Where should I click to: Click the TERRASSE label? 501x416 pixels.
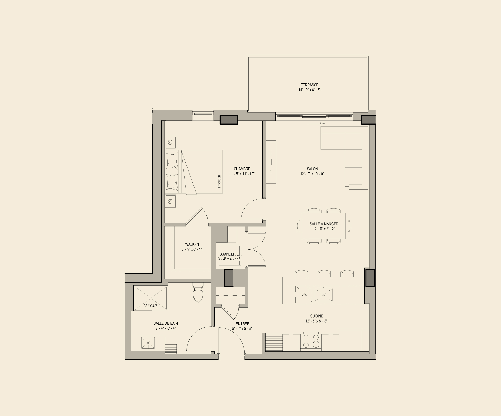[309, 85]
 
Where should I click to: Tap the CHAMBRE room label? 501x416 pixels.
[242, 169]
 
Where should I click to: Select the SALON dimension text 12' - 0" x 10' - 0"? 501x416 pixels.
[312, 174]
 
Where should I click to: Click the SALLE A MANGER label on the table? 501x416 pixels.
[324, 224]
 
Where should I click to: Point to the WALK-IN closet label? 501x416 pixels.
[192, 244]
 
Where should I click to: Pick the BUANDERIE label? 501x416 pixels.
[229, 254]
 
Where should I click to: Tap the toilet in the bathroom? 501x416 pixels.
[198, 293]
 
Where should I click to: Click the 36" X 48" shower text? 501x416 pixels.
[151, 306]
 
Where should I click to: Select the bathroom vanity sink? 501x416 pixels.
[148, 343]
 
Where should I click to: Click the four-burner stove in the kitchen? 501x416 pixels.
[311, 341]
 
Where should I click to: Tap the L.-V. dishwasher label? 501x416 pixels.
[304, 294]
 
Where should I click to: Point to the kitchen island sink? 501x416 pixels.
[323, 295]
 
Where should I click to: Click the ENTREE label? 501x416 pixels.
[242, 324]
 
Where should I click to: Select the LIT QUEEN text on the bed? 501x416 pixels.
[219, 182]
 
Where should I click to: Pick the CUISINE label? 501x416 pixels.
[316, 316]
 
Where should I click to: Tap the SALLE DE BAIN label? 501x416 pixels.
[166, 323]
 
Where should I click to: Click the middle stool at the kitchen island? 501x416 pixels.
[324, 274]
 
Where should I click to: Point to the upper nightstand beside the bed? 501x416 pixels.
[171, 142]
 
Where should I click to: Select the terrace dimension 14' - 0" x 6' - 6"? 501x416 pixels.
[309, 90]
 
